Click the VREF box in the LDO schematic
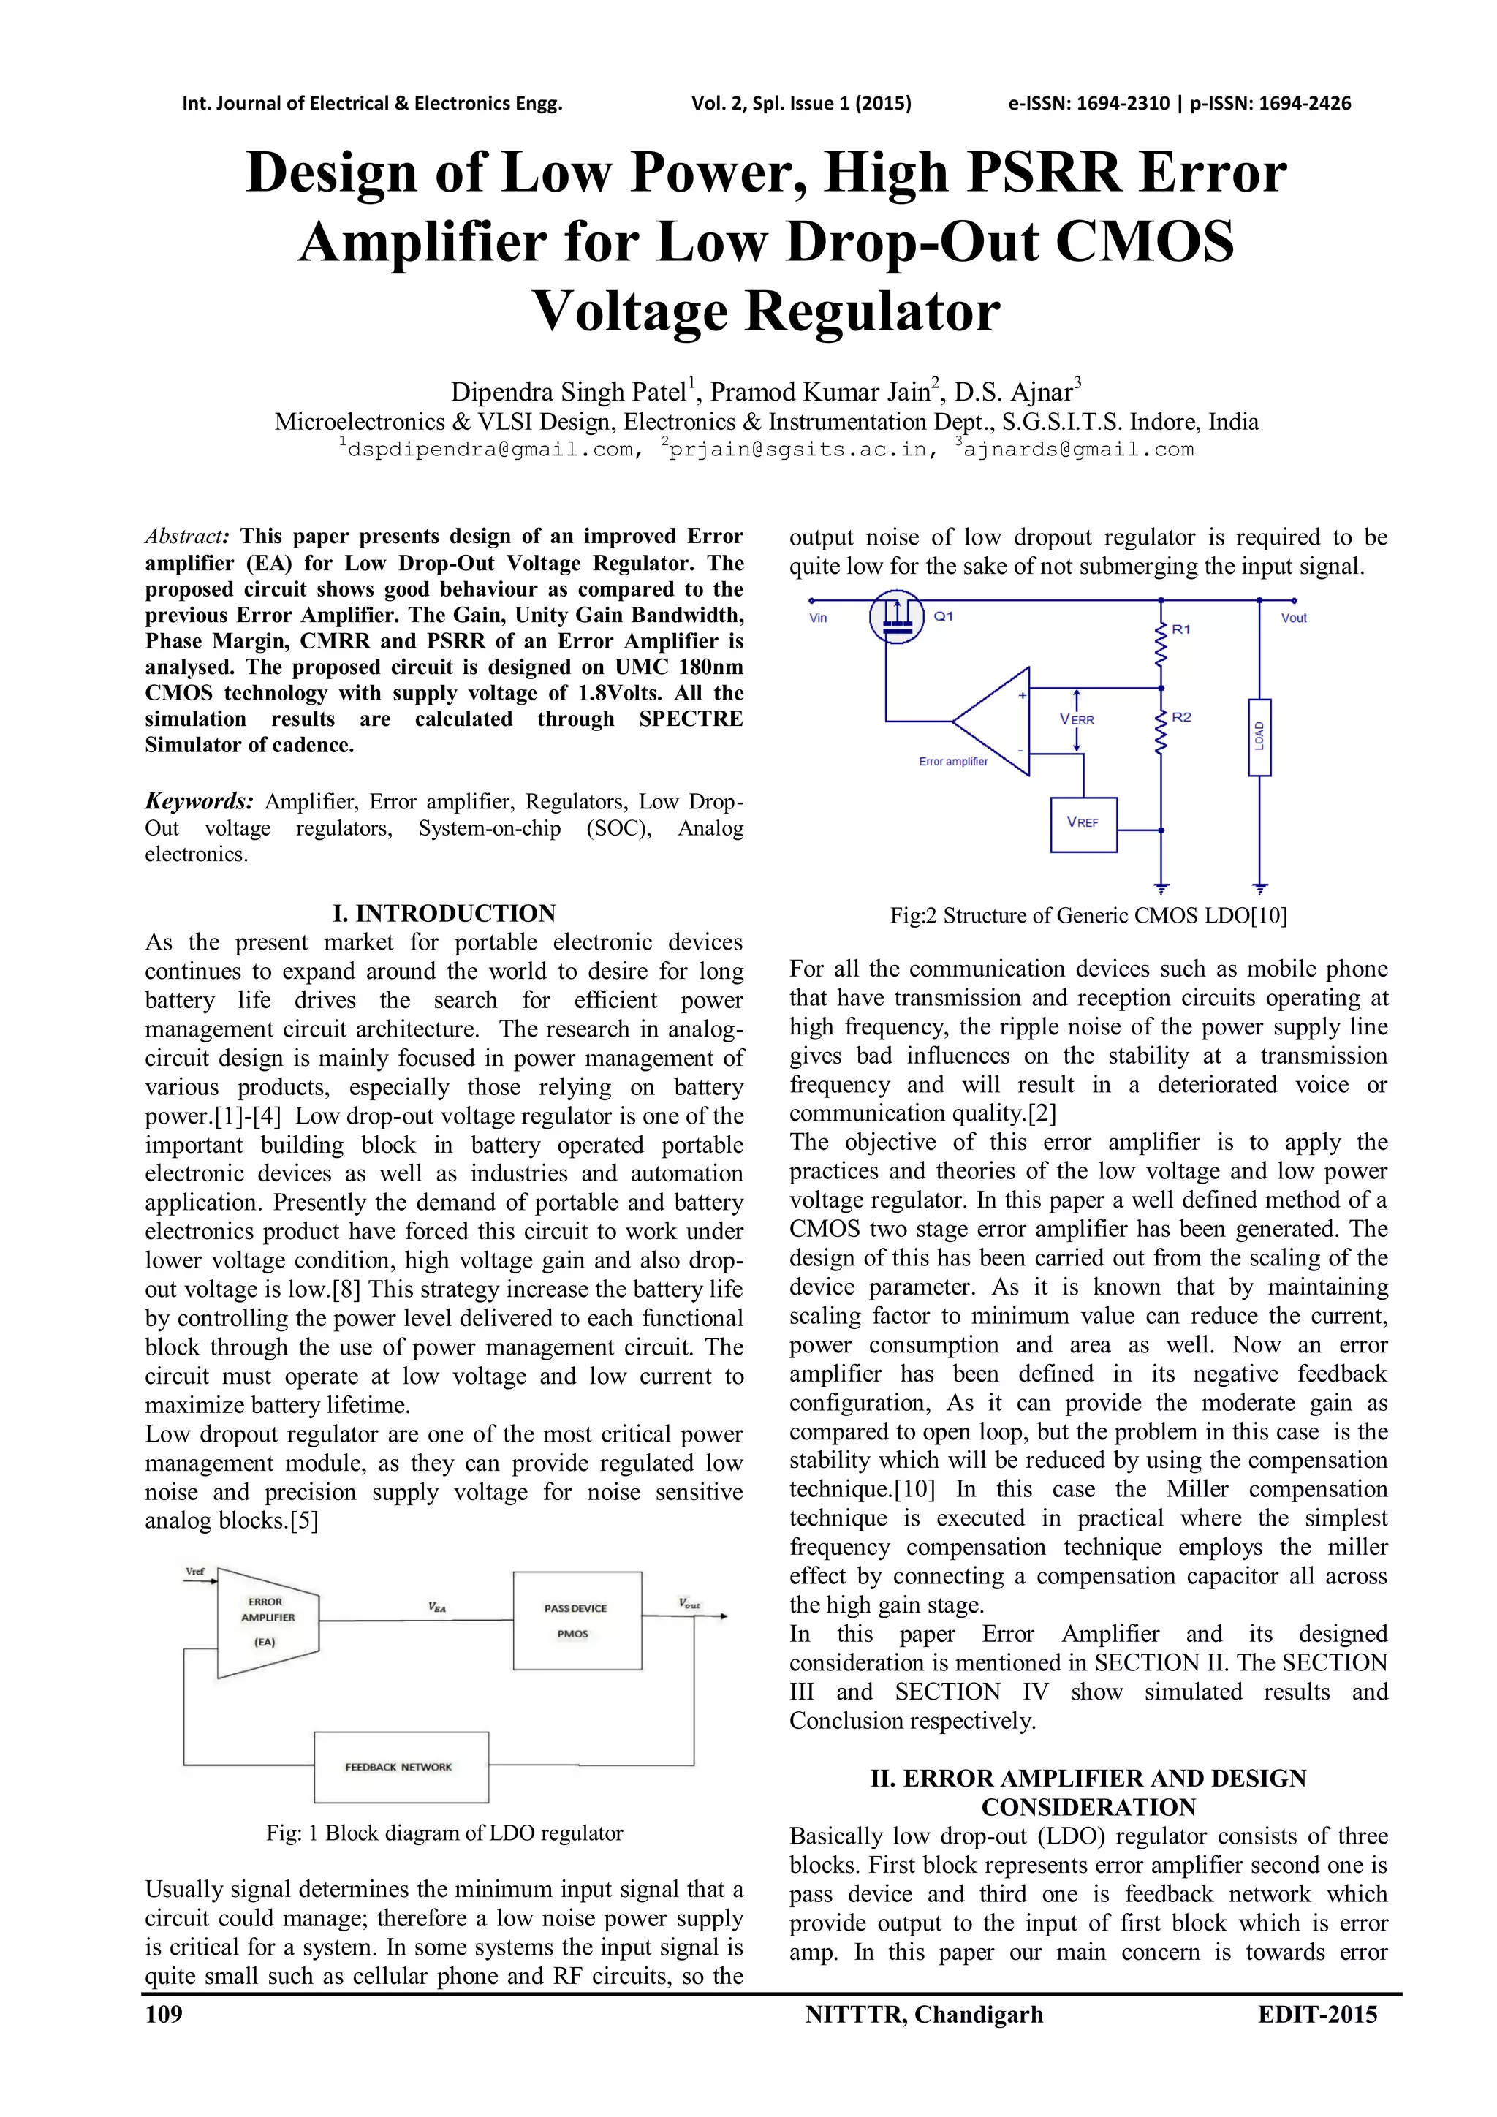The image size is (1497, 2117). coord(1083,823)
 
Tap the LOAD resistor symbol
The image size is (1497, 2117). coord(1259,737)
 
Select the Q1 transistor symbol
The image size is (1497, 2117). coord(896,618)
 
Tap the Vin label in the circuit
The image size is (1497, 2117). coord(818,618)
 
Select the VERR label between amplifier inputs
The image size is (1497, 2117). coord(1077,719)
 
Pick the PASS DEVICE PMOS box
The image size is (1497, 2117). coord(576,1620)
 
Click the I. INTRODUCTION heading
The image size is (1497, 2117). coord(444,913)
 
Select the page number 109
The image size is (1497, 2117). coord(164,2015)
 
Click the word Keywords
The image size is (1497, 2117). coord(198,800)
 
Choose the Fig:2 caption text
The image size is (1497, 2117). coord(1088,914)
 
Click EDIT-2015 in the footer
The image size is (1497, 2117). coord(1317,2015)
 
